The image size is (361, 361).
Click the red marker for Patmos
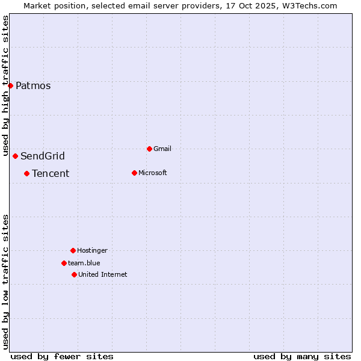click(x=10, y=85)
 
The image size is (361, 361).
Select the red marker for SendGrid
click(x=15, y=156)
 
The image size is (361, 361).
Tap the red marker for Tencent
click(x=26, y=173)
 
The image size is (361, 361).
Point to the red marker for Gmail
click(x=149, y=149)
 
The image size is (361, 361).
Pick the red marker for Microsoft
click(x=134, y=173)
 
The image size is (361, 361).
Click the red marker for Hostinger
click(x=73, y=250)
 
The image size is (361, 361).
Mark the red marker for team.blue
click(x=64, y=263)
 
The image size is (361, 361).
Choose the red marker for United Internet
click(x=74, y=274)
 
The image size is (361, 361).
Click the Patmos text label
click(x=33, y=85)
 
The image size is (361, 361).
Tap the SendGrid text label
click(x=43, y=156)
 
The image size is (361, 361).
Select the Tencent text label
click(x=51, y=174)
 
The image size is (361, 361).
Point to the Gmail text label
click(x=162, y=149)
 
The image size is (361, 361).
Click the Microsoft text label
click(x=153, y=173)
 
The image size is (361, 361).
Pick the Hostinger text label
click(x=92, y=250)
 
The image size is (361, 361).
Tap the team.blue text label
click(x=84, y=263)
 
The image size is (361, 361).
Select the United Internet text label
click(x=103, y=274)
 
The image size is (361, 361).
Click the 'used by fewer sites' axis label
click(x=62, y=356)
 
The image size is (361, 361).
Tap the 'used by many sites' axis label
click(x=302, y=356)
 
